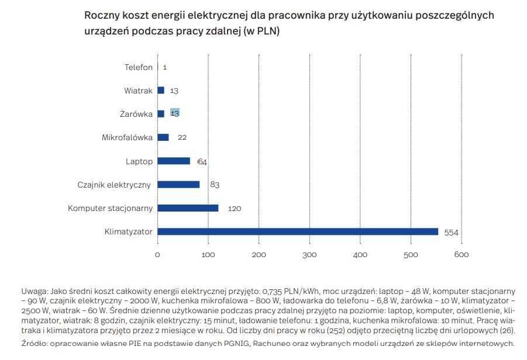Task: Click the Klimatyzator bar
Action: coord(298,231)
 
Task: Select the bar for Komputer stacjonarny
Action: coord(188,208)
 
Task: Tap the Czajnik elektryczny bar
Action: coord(178,185)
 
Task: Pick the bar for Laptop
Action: coord(174,161)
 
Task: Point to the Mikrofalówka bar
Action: coord(163,137)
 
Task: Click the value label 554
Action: coord(451,232)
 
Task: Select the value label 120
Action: coord(234,209)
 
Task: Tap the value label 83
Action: coord(215,185)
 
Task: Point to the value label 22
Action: coord(182,138)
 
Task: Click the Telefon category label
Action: coord(139,67)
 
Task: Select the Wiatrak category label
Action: coord(138,91)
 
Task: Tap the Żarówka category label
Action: coord(137,114)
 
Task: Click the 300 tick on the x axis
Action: coord(309,255)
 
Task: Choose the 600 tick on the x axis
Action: coord(461,255)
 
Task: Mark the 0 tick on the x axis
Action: coord(157,255)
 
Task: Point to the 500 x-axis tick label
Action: coord(411,255)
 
